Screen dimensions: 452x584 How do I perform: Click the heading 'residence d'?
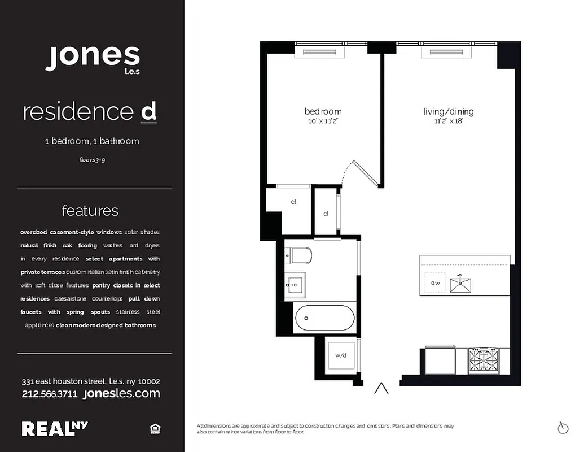(x=90, y=112)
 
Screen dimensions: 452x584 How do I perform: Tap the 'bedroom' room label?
(x=323, y=111)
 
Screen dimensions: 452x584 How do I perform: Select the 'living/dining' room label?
(x=449, y=111)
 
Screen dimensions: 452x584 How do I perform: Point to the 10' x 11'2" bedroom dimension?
(x=323, y=121)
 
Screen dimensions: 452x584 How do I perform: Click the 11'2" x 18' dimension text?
(x=449, y=121)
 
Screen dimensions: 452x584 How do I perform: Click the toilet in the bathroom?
(x=298, y=256)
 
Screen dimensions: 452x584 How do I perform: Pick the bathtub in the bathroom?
(x=324, y=318)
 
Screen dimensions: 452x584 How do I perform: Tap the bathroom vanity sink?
(x=295, y=285)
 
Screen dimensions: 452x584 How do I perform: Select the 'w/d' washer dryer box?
(x=341, y=356)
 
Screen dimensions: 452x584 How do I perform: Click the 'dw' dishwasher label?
(x=435, y=283)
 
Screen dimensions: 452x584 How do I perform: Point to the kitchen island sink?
(x=463, y=284)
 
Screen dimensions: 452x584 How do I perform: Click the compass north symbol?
(x=563, y=428)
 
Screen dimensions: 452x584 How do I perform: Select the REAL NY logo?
(x=55, y=429)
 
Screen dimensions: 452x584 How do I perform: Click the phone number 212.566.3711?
(x=50, y=394)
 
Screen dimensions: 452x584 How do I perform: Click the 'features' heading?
(x=90, y=211)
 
